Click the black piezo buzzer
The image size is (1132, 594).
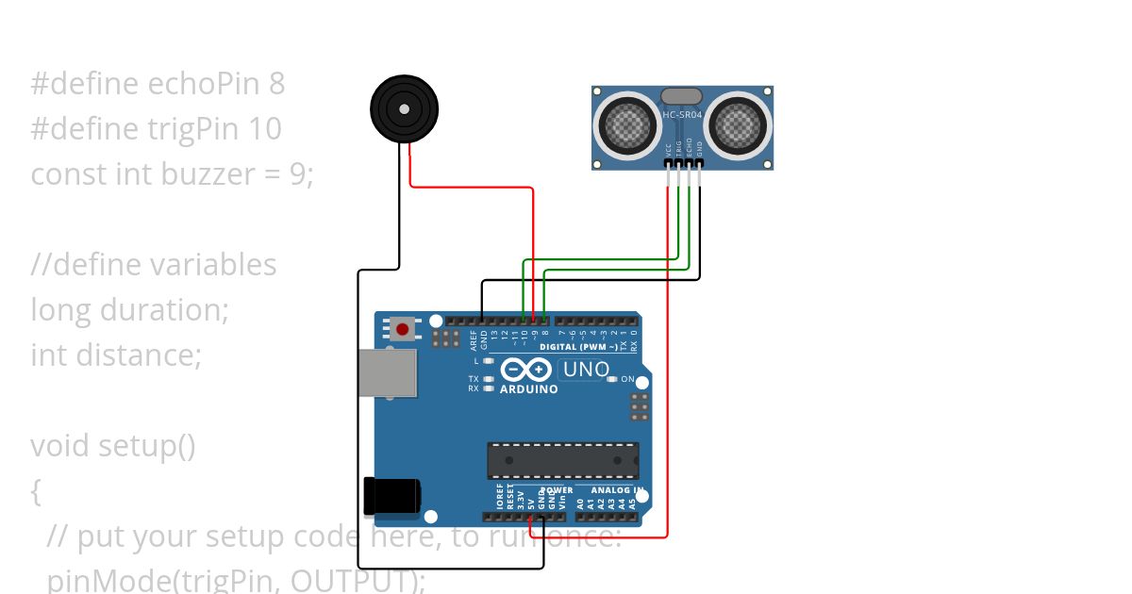point(404,109)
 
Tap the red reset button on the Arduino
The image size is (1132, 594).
point(403,329)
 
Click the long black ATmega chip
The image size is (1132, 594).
point(563,460)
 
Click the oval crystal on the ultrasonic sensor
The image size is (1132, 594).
point(682,95)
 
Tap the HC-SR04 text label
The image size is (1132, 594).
point(682,115)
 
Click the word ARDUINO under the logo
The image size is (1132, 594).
point(528,389)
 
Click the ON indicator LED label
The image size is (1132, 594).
point(628,379)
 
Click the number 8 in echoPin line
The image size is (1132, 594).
point(275,84)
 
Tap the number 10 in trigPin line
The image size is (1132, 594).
point(266,129)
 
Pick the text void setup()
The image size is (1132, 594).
point(113,445)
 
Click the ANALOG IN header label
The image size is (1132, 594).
point(618,490)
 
